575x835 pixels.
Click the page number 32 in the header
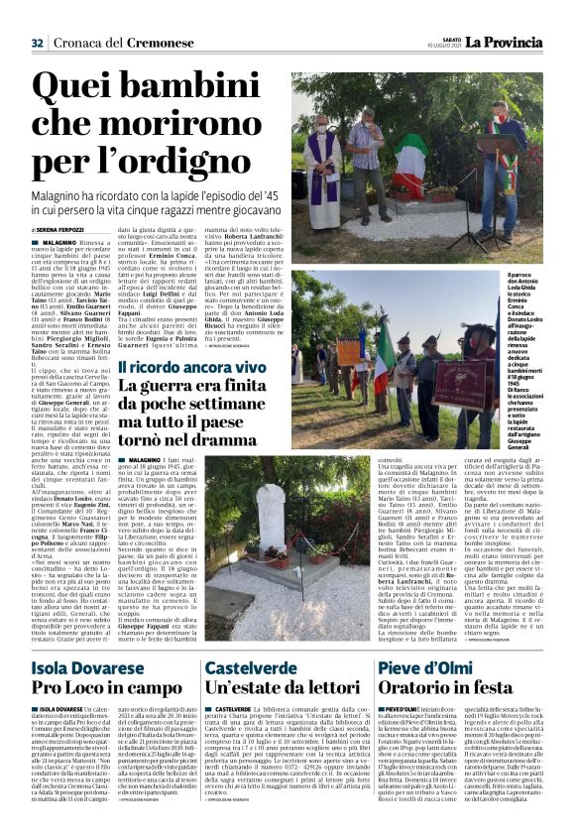38,43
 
